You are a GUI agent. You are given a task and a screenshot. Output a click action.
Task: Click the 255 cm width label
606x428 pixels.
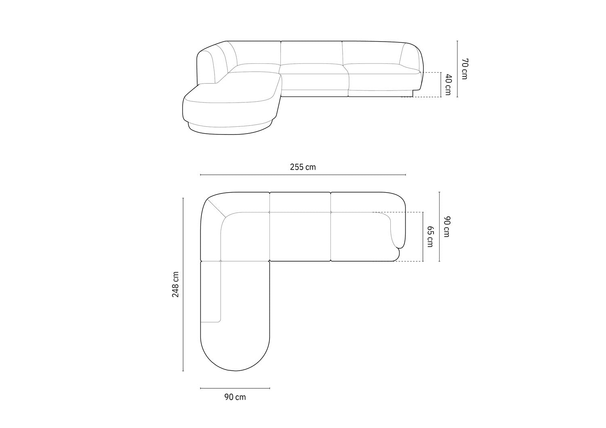point(303,167)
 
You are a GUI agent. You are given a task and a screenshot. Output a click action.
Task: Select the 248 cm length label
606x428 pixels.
point(175,284)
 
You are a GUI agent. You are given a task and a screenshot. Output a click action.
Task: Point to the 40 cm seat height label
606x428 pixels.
point(447,84)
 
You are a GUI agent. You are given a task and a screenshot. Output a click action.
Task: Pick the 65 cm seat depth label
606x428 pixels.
point(430,237)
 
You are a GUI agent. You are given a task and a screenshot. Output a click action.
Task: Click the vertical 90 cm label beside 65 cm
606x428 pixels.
point(446,227)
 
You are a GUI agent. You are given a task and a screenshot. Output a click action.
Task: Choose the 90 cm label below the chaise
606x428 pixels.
point(235,397)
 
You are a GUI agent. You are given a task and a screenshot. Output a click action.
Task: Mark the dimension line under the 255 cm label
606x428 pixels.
point(303,175)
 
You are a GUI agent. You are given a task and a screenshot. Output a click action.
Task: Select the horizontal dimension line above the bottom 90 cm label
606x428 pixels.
point(235,388)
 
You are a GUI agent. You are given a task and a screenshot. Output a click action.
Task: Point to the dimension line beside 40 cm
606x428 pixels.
point(440,85)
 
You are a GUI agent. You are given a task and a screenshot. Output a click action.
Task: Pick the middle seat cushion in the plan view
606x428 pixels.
point(300,236)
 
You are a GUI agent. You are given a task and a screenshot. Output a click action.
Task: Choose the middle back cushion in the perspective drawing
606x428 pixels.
point(311,52)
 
